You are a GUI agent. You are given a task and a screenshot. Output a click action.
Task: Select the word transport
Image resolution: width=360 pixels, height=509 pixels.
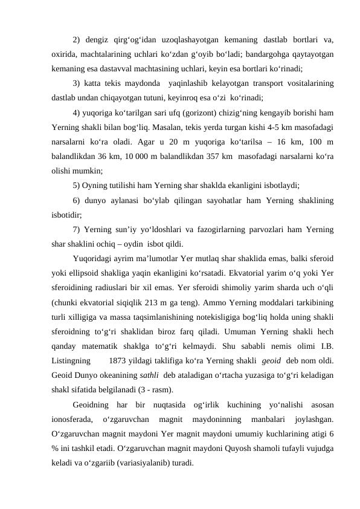point(241,82)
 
